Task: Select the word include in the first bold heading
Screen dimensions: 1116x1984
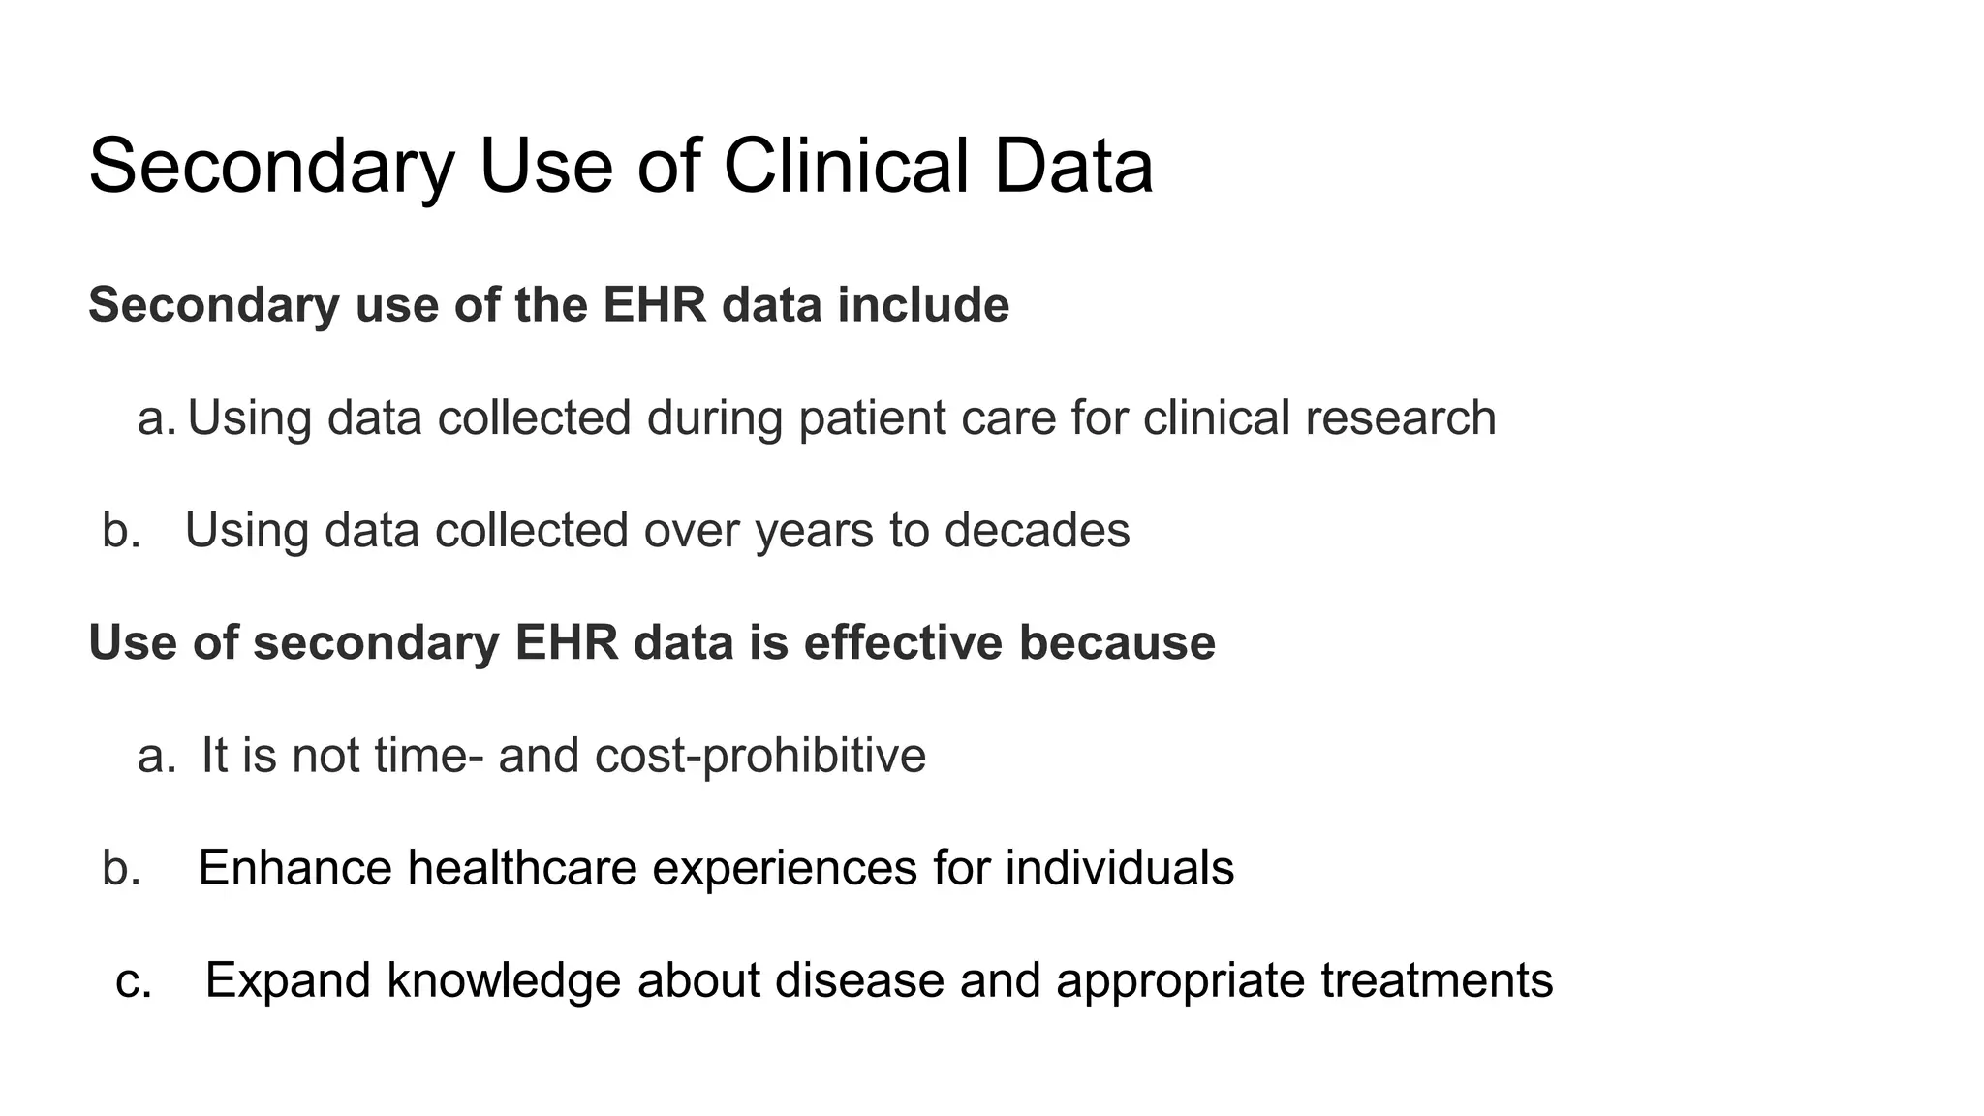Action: click(923, 305)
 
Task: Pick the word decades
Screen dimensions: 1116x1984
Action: click(1037, 531)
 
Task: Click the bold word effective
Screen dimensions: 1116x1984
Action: click(903, 643)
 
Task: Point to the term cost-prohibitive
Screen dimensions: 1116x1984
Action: click(760, 756)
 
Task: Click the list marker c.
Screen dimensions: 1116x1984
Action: click(133, 981)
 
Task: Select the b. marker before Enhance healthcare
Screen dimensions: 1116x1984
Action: click(121, 868)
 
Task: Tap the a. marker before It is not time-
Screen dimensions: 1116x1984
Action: click(156, 757)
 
